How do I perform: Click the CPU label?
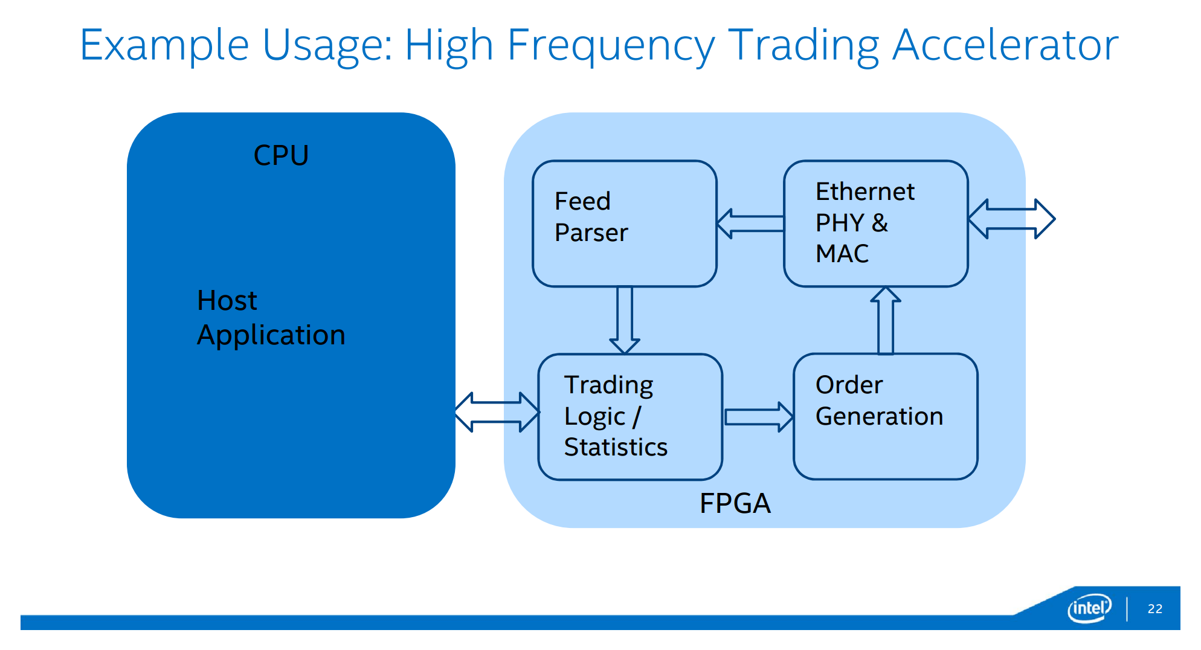pos(281,155)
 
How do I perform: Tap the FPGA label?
pos(735,503)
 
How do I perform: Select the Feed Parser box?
pos(624,224)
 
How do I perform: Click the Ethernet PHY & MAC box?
pos(875,223)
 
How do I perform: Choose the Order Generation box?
pos(885,417)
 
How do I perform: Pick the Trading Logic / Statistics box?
pos(629,417)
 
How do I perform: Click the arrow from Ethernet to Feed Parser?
pos(750,224)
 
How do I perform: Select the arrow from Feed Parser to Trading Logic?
pos(625,320)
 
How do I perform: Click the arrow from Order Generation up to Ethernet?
pos(886,320)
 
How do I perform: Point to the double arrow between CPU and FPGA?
pos(497,412)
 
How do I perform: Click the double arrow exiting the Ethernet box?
pos(1011,219)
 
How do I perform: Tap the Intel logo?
pos(1089,608)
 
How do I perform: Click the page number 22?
pos(1154,609)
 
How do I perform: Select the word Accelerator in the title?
pos(1005,45)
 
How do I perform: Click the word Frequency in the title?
pos(611,45)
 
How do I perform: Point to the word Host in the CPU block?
pos(227,300)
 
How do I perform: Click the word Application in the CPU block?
pos(271,335)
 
